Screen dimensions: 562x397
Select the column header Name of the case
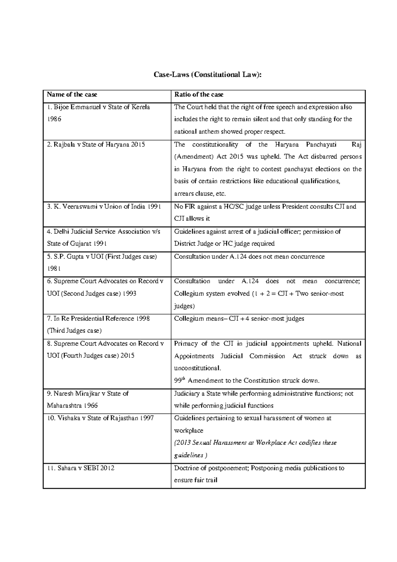72,94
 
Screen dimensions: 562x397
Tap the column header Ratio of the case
199,94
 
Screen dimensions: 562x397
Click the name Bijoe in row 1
61,107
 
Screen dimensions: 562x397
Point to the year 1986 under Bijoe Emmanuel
54,119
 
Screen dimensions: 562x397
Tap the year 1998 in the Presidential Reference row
143,318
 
